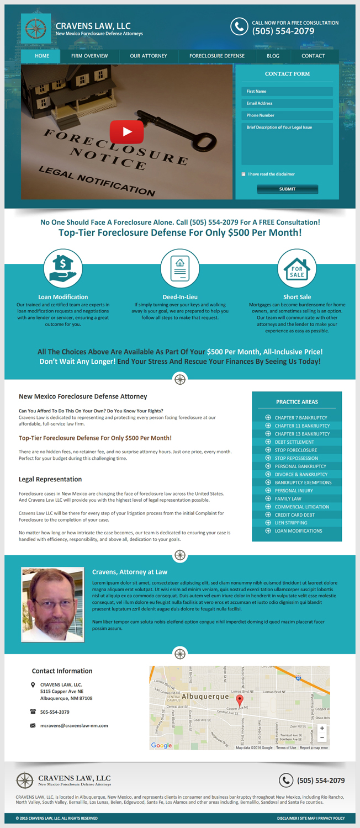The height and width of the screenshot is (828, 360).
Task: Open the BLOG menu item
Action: pyautogui.click(x=273, y=56)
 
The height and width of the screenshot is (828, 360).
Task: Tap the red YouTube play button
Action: pyautogui.click(x=126, y=132)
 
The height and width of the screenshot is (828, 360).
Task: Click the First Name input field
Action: pyautogui.click(x=287, y=92)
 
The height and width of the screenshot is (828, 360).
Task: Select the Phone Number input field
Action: pyautogui.click(x=287, y=115)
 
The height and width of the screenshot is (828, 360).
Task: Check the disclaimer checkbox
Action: pyautogui.click(x=243, y=174)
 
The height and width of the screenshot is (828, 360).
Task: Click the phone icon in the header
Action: pyautogui.click(x=239, y=26)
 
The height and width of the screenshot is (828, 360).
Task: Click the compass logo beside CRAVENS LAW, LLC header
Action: pyautogui.click(x=36, y=29)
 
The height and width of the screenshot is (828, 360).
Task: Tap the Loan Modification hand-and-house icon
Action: pyautogui.click(x=63, y=268)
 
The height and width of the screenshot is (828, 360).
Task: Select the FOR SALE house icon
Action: pyautogui.click(x=297, y=268)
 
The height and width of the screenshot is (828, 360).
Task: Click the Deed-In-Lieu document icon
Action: pyautogui.click(x=180, y=268)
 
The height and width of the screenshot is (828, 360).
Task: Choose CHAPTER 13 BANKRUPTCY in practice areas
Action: pyautogui.click(x=301, y=434)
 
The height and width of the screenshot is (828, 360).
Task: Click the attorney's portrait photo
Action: pyautogui.click(x=52, y=604)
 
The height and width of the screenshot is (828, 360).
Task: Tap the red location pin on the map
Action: pyautogui.click(x=240, y=700)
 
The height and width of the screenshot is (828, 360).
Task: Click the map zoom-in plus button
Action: pyautogui.click(x=322, y=728)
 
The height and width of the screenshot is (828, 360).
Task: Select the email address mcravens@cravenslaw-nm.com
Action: pyautogui.click(x=74, y=725)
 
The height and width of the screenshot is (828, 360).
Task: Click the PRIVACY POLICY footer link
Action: pyautogui.click(x=331, y=818)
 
